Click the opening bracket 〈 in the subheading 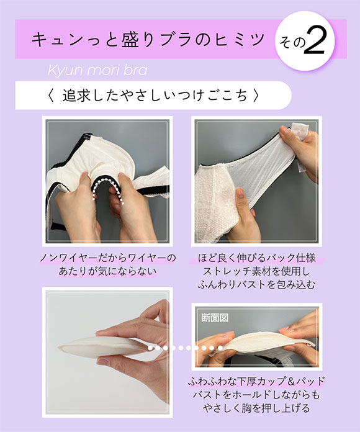(51, 96)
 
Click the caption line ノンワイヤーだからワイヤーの (107, 258)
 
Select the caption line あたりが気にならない (107, 272)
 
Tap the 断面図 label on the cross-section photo (215, 317)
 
